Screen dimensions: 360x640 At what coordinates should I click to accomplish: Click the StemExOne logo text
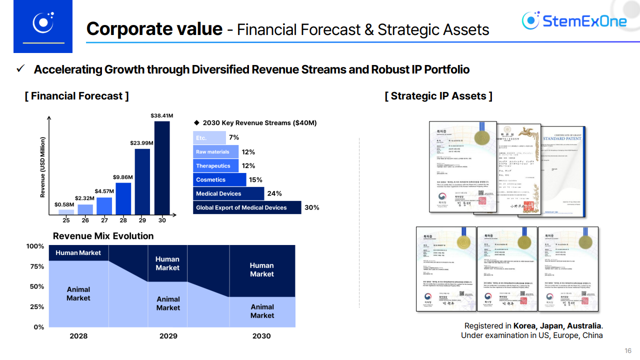coord(584,21)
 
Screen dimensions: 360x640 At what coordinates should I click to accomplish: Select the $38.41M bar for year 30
coord(162,168)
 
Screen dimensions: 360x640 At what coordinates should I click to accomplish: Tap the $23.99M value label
coord(141,143)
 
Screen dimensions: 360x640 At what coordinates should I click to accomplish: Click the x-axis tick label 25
coord(66,220)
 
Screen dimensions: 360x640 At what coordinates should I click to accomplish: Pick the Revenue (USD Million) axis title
coord(43,167)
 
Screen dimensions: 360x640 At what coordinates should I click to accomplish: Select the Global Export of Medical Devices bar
coord(247,207)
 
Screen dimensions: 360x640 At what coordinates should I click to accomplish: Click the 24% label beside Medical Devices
coord(274,193)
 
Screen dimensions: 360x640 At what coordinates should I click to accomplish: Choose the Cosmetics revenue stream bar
coord(219,179)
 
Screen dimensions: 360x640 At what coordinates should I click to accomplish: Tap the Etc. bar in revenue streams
coord(209,137)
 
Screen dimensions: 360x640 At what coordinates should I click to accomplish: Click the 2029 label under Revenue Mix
coord(168,336)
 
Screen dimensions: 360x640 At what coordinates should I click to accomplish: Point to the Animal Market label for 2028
coord(78,293)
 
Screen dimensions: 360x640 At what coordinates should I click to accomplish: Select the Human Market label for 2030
coord(261,269)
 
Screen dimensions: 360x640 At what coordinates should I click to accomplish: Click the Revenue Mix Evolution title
coord(103,236)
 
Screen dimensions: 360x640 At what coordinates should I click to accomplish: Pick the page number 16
coord(628,350)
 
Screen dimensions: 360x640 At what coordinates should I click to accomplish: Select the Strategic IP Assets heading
coord(438,96)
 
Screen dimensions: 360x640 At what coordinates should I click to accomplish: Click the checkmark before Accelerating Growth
coord(21,68)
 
